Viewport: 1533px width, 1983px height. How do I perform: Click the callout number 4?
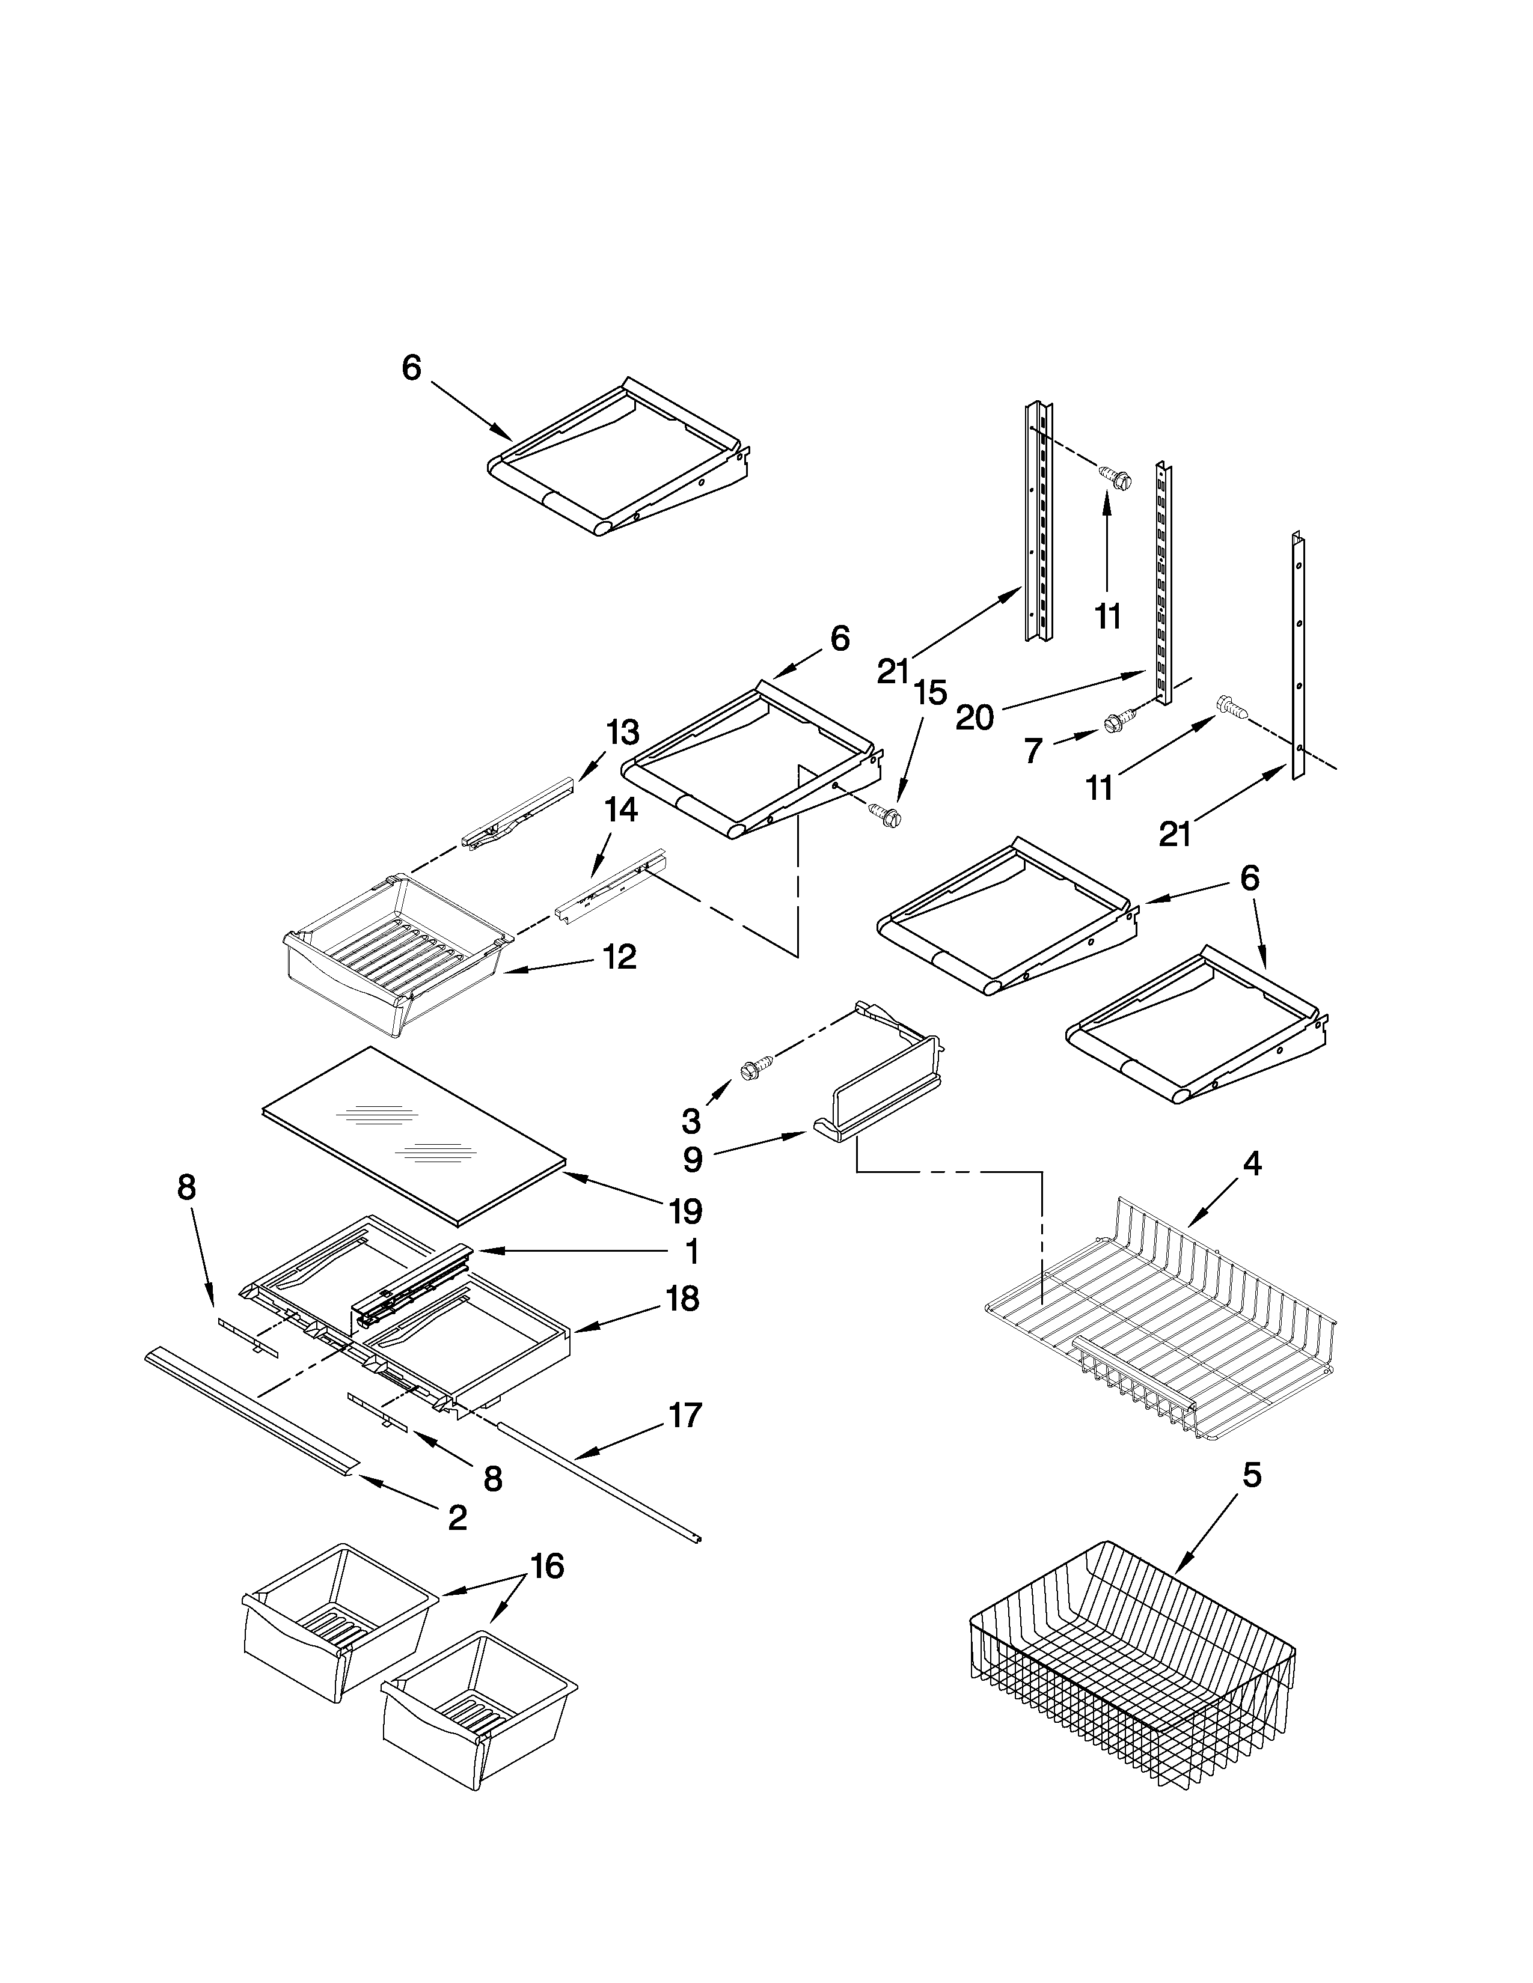coord(1252,1163)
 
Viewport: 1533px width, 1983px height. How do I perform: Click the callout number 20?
coord(975,718)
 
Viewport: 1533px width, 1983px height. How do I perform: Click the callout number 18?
coord(682,1299)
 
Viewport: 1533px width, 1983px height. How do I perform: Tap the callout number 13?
coord(623,732)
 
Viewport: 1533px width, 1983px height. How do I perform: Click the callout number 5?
coord(1252,1475)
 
